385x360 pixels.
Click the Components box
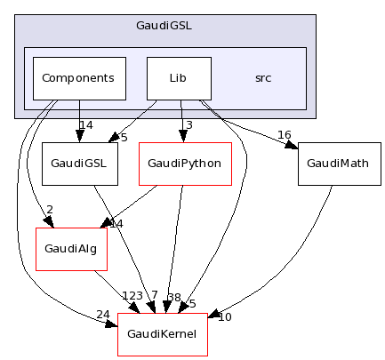78,78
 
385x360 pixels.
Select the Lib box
178,78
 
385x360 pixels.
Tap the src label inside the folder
263,78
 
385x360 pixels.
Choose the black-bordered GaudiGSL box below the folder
74,164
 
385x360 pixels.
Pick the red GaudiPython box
184,164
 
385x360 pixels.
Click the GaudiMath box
332,164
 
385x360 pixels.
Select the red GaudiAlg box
70,250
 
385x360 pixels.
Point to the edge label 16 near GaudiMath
285,134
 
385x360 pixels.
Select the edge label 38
174,298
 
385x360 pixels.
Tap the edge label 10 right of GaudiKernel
224,317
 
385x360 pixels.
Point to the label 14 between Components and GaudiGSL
86,125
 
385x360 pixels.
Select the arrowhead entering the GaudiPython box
182,138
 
